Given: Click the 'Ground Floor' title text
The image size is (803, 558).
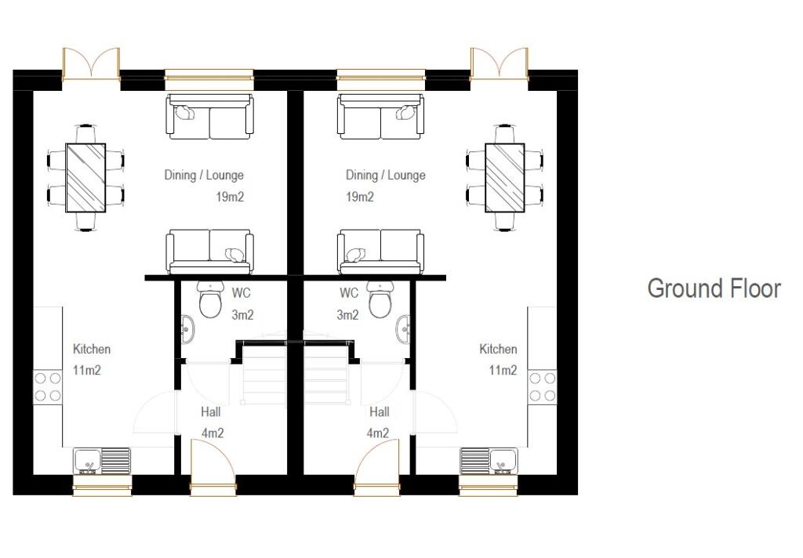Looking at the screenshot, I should [x=714, y=288].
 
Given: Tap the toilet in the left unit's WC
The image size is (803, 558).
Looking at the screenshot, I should [x=210, y=300].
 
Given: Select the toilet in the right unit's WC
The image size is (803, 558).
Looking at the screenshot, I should [x=380, y=300].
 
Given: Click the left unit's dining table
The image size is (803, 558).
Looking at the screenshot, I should [x=85, y=177].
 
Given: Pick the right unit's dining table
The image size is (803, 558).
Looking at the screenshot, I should [x=504, y=177].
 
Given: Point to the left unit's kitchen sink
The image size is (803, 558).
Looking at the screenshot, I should [x=102, y=461].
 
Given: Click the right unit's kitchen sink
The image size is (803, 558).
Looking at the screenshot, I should [x=488, y=461].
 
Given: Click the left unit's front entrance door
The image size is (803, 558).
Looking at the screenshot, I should [x=213, y=467].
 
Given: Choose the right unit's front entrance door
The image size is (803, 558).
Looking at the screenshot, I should [x=377, y=467].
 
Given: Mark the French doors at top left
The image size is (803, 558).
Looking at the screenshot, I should [x=91, y=64].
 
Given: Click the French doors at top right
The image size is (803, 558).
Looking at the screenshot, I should [x=499, y=64].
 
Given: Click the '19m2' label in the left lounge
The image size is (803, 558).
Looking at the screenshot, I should [x=230, y=197].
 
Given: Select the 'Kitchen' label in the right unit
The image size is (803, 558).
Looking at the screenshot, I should [x=498, y=350].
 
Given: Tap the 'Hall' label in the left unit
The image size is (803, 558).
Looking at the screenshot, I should [x=210, y=412].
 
